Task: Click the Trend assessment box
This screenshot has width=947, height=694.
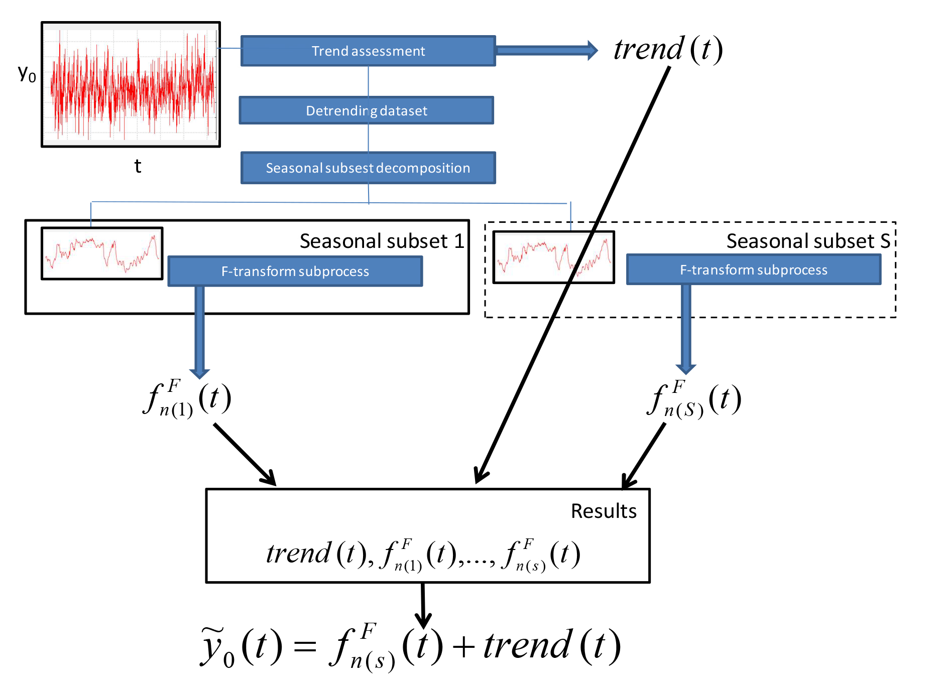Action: (368, 51)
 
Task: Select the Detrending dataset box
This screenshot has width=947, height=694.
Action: (367, 110)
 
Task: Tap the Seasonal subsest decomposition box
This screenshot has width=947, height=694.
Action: (368, 168)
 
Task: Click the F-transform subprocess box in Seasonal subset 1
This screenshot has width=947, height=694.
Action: (295, 271)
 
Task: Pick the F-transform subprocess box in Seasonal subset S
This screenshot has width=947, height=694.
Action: (754, 270)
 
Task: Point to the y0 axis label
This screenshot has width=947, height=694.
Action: (27, 74)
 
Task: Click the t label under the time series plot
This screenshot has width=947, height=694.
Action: (138, 166)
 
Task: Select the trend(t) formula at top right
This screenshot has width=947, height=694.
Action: (668, 50)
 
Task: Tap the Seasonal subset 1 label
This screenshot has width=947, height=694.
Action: (382, 241)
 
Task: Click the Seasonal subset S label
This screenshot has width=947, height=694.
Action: (808, 241)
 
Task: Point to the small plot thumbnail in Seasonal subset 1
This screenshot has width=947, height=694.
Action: (102, 253)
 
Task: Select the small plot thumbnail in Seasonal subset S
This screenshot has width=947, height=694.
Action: (553, 257)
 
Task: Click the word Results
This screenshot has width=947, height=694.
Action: (604, 511)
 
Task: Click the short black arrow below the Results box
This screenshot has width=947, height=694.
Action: (423, 605)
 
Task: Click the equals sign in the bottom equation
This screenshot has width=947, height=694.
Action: (305, 646)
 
